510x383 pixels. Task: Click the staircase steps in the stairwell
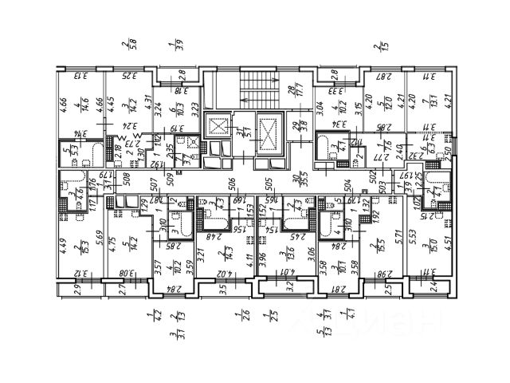click(x=254, y=83)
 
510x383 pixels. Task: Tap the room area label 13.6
click(x=285, y=256)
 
